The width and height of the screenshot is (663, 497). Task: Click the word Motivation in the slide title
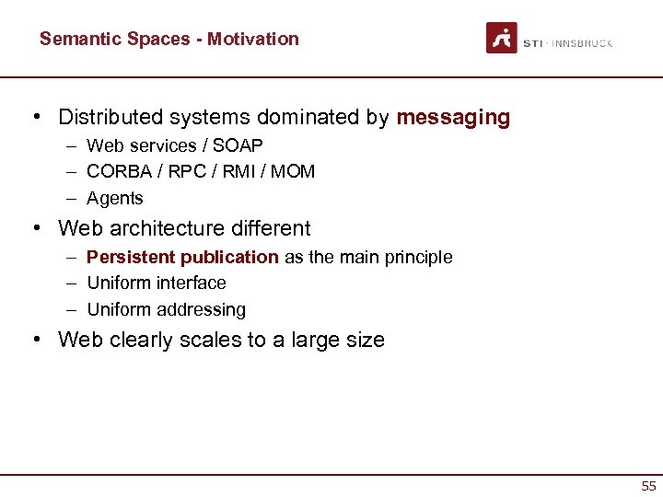coord(253,39)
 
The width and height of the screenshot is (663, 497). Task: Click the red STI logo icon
coord(502,38)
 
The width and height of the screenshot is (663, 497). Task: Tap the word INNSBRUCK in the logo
coord(583,43)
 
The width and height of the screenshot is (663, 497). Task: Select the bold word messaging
coord(453,118)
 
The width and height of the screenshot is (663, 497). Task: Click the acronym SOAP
coord(239,145)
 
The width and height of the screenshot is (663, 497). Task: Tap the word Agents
coord(115,199)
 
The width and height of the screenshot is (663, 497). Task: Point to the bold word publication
coord(229,257)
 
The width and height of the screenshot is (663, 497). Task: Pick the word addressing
coord(201,310)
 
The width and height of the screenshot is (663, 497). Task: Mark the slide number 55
coord(649,485)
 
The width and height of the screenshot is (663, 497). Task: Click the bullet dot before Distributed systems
coord(35,118)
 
